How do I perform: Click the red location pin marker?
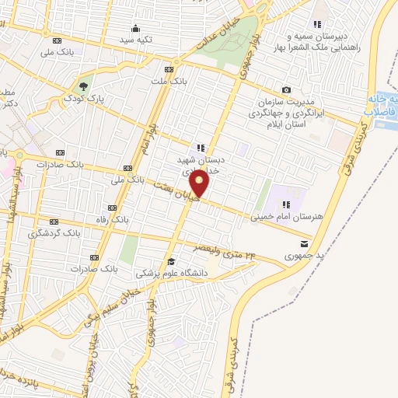[201, 183]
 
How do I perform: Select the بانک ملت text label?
[169, 81]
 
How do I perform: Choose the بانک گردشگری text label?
[54, 233]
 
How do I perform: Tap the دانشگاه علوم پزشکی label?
[168, 273]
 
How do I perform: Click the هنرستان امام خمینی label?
[279, 218]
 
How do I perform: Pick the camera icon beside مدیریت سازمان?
[287, 90]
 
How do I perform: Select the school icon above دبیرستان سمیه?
[317, 25]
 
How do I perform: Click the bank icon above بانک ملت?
[177, 68]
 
